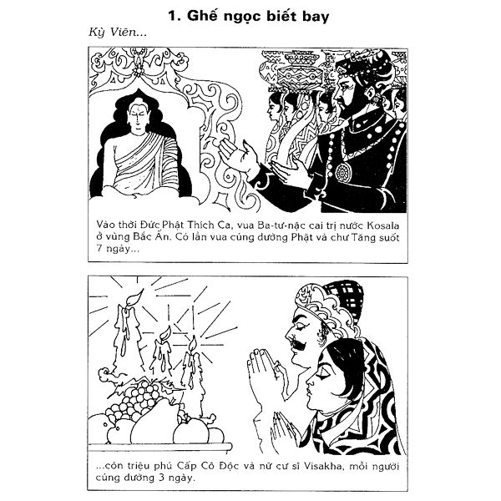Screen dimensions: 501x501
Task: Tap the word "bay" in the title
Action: click(x=316, y=17)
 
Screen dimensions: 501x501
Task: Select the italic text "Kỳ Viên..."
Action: click(x=118, y=33)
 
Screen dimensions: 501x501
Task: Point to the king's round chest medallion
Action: click(x=343, y=173)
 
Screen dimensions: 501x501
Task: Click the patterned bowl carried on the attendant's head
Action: click(x=300, y=75)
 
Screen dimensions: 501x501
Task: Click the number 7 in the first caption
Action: click(x=99, y=248)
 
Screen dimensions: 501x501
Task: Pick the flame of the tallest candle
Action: click(x=134, y=297)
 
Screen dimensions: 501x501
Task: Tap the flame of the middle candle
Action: click(x=165, y=332)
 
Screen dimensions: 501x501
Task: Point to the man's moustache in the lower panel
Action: click(x=300, y=344)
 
